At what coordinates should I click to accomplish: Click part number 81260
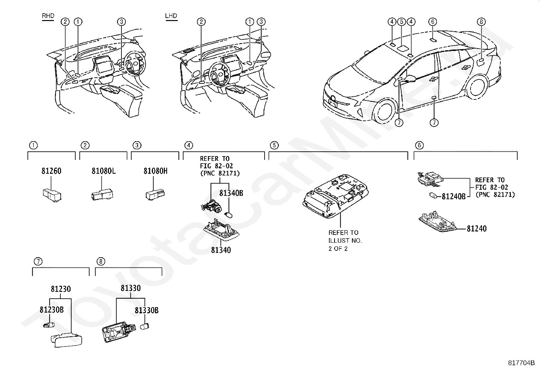click(x=52, y=171)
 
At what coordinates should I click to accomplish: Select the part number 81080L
click(x=103, y=171)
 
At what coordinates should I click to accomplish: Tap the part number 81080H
click(x=155, y=171)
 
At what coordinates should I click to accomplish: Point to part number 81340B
click(x=231, y=193)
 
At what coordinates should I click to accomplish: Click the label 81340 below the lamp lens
click(x=221, y=250)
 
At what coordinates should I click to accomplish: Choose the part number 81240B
click(x=454, y=196)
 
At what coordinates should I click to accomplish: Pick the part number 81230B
click(x=51, y=310)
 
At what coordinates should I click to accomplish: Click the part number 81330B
click(x=147, y=310)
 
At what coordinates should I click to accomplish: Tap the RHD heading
click(x=48, y=16)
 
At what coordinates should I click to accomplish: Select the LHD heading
click(x=171, y=16)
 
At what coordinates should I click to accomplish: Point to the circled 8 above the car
click(x=481, y=22)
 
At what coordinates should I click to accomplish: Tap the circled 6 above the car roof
click(x=432, y=22)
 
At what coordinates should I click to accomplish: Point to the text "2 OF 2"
click(x=338, y=248)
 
